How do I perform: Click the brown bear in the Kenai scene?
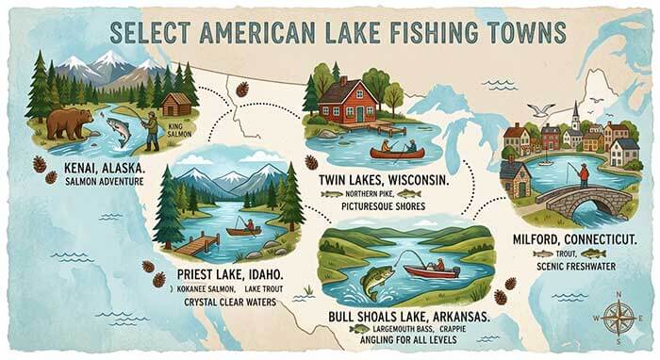pyautogui.click(x=69, y=123)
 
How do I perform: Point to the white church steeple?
pyautogui.click(x=574, y=114)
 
